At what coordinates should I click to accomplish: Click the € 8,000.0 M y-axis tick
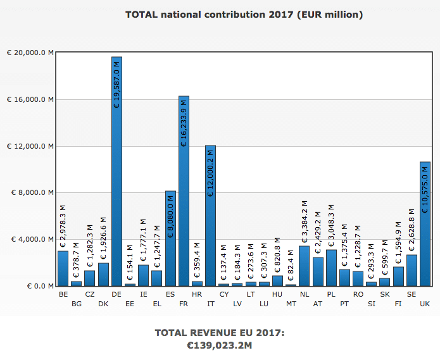31,193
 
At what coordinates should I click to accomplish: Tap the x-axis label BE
63,294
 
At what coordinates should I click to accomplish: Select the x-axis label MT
291,304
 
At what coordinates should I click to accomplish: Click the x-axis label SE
412,294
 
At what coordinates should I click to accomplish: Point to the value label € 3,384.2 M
304,221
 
